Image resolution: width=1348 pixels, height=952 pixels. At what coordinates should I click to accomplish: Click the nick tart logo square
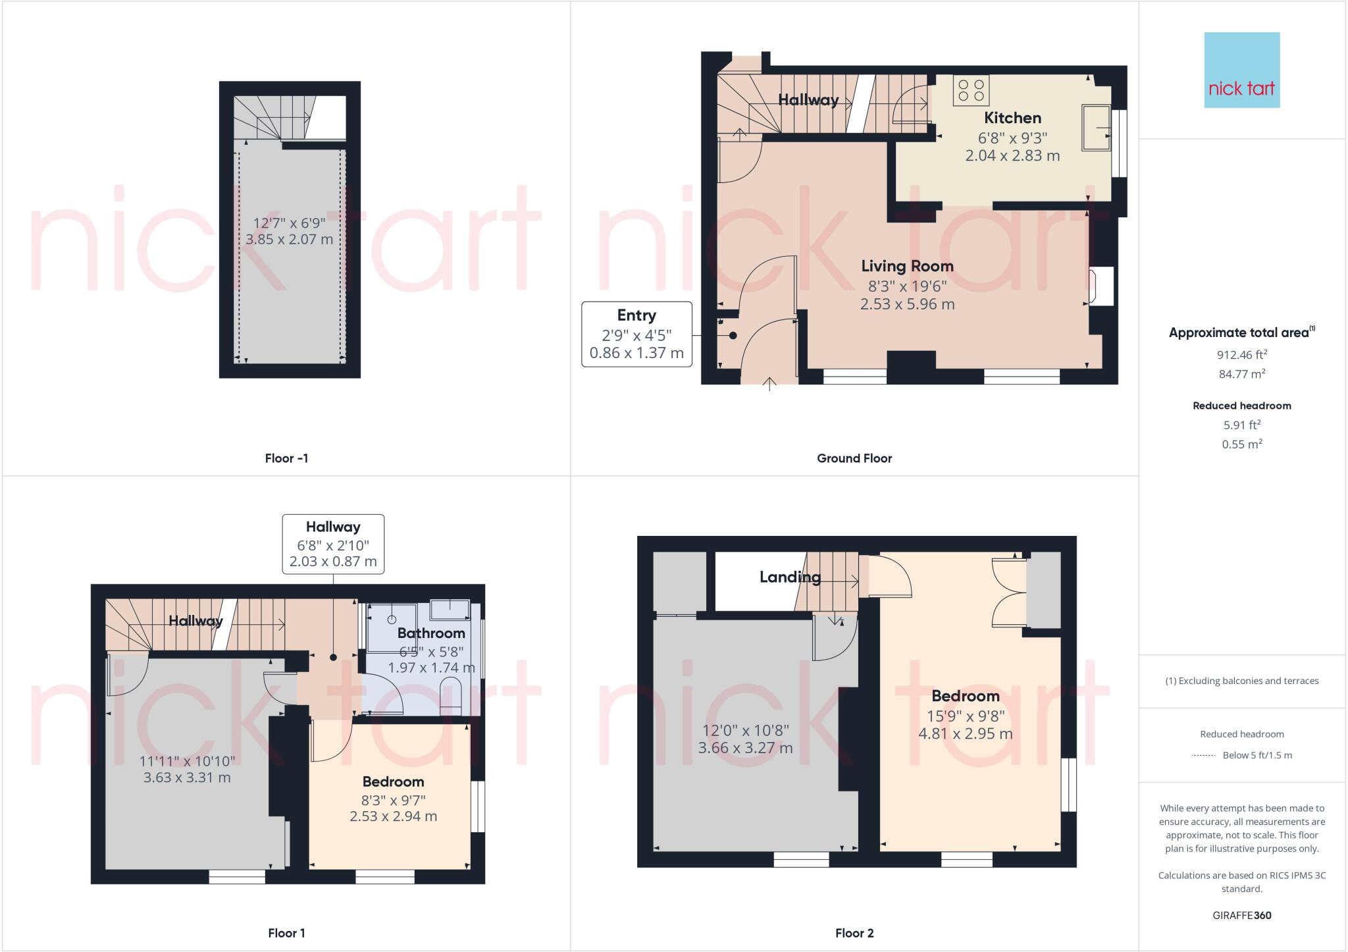pyautogui.click(x=1241, y=70)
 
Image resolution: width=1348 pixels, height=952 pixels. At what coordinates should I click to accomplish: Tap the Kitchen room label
pyautogui.click(x=1012, y=118)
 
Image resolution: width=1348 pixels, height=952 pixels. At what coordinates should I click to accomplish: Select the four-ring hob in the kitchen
pyautogui.click(x=971, y=91)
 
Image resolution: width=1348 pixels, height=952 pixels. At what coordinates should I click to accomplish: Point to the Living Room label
pyautogui.click(x=907, y=266)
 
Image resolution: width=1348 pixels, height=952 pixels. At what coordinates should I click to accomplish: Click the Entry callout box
pyautogui.click(x=636, y=334)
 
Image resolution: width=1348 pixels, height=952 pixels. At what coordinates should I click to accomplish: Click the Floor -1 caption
pyautogui.click(x=286, y=458)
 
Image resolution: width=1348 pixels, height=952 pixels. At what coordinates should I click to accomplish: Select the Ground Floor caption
pyautogui.click(x=854, y=458)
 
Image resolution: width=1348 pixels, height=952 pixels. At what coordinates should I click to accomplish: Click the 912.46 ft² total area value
pyautogui.click(x=1241, y=355)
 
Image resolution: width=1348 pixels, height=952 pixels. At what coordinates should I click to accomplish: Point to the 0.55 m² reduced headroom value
pyautogui.click(x=1241, y=444)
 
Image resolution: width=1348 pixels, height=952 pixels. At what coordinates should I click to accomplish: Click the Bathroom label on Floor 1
pyautogui.click(x=431, y=633)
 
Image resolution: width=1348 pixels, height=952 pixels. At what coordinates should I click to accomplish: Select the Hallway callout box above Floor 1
pyautogui.click(x=333, y=544)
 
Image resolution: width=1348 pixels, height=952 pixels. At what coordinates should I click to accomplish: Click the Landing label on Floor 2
pyautogui.click(x=790, y=577)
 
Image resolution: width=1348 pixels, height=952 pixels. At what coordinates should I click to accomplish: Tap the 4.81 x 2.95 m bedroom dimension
pyautogui.click(x=965, y=733)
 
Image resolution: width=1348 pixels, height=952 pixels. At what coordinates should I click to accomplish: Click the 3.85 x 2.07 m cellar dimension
pyautogui.click(x=289, y=240)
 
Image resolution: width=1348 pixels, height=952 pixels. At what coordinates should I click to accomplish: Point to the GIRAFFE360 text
pyautogui.click(x=1241, y=915)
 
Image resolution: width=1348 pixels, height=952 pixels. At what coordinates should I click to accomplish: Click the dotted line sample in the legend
pyautogui.click(x=1203, y=756)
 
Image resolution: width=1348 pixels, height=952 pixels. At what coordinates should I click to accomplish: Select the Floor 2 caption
pyautogui.click(x=854, y=933)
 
